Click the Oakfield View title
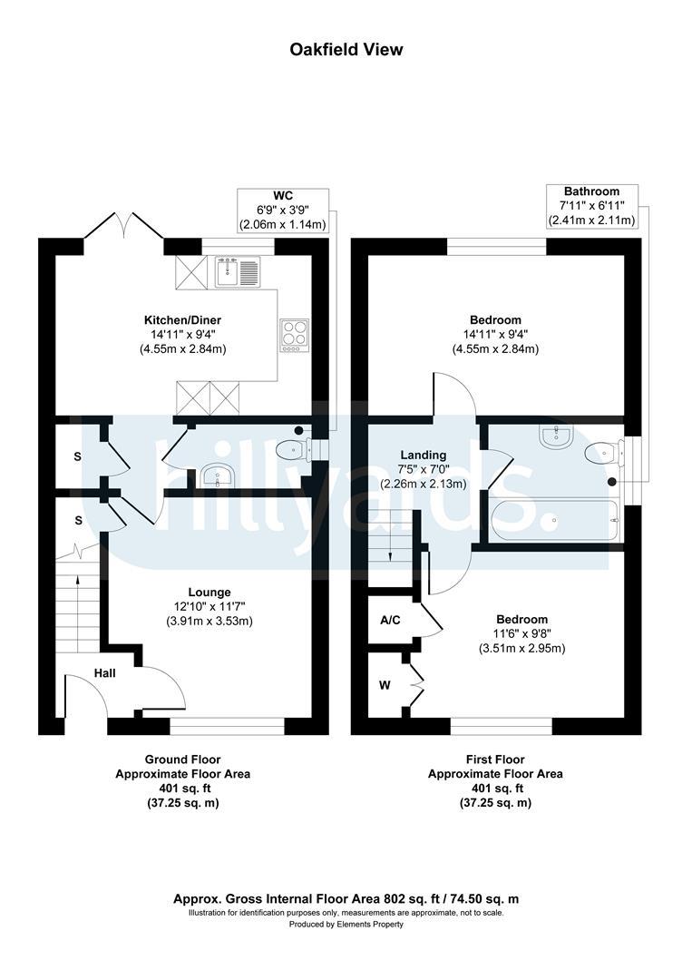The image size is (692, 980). click(346, 49)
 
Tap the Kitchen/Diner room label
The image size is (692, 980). click(182, 320)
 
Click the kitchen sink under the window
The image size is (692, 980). click(238, 271)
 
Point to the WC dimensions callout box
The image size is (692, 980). click(283, 210)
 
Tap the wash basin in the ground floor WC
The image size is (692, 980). click(218, 475)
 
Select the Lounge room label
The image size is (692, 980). click(210, 592)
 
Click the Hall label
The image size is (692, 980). click(105, 673)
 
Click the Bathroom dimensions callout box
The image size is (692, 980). click(592, 206)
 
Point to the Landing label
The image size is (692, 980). click(424, 455)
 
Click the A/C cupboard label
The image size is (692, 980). click(390, 620)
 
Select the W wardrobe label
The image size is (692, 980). click(385, 686)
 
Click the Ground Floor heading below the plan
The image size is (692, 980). click(182, 759)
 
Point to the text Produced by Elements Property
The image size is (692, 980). click(346, 925)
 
